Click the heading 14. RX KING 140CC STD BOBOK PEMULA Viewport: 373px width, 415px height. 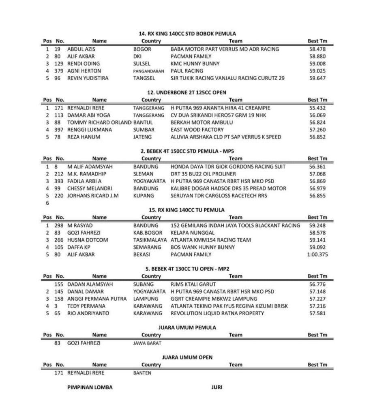coord(187,34)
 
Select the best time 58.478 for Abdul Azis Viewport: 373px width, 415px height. coord(317,49)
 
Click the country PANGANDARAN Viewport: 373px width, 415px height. coord(148,71)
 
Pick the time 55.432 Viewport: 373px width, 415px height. coord(317,108)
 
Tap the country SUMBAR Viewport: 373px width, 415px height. coord(143,130)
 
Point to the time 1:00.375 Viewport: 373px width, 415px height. coord(318,255)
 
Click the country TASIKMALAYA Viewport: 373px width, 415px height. coord(149,240)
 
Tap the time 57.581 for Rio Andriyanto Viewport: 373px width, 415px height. coord(317,313)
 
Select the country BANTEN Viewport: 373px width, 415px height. coord(142,373)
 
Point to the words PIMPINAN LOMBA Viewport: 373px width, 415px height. coord(90,387)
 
